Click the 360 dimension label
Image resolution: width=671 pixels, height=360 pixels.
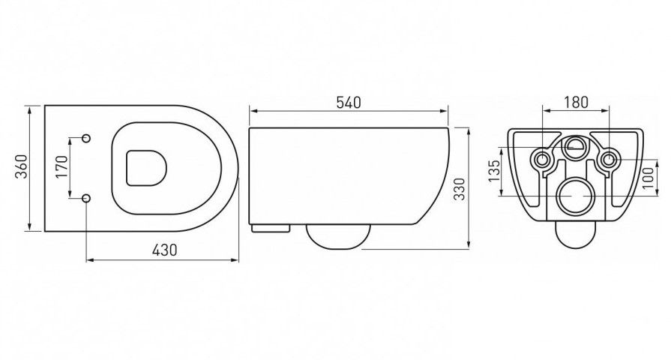point(22,166)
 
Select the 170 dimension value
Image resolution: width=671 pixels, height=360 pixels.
point(61,167)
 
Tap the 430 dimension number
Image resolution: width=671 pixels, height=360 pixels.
point(165,250)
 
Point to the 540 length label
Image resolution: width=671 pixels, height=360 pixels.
point(349,103)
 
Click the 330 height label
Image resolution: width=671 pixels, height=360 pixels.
point(459,189)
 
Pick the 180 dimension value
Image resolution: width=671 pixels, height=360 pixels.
point(576,102)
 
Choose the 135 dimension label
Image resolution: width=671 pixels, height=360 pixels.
point(494,171)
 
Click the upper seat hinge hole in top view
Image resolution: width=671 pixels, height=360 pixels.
point(86,138)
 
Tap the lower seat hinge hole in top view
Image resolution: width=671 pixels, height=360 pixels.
point(86,197)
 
